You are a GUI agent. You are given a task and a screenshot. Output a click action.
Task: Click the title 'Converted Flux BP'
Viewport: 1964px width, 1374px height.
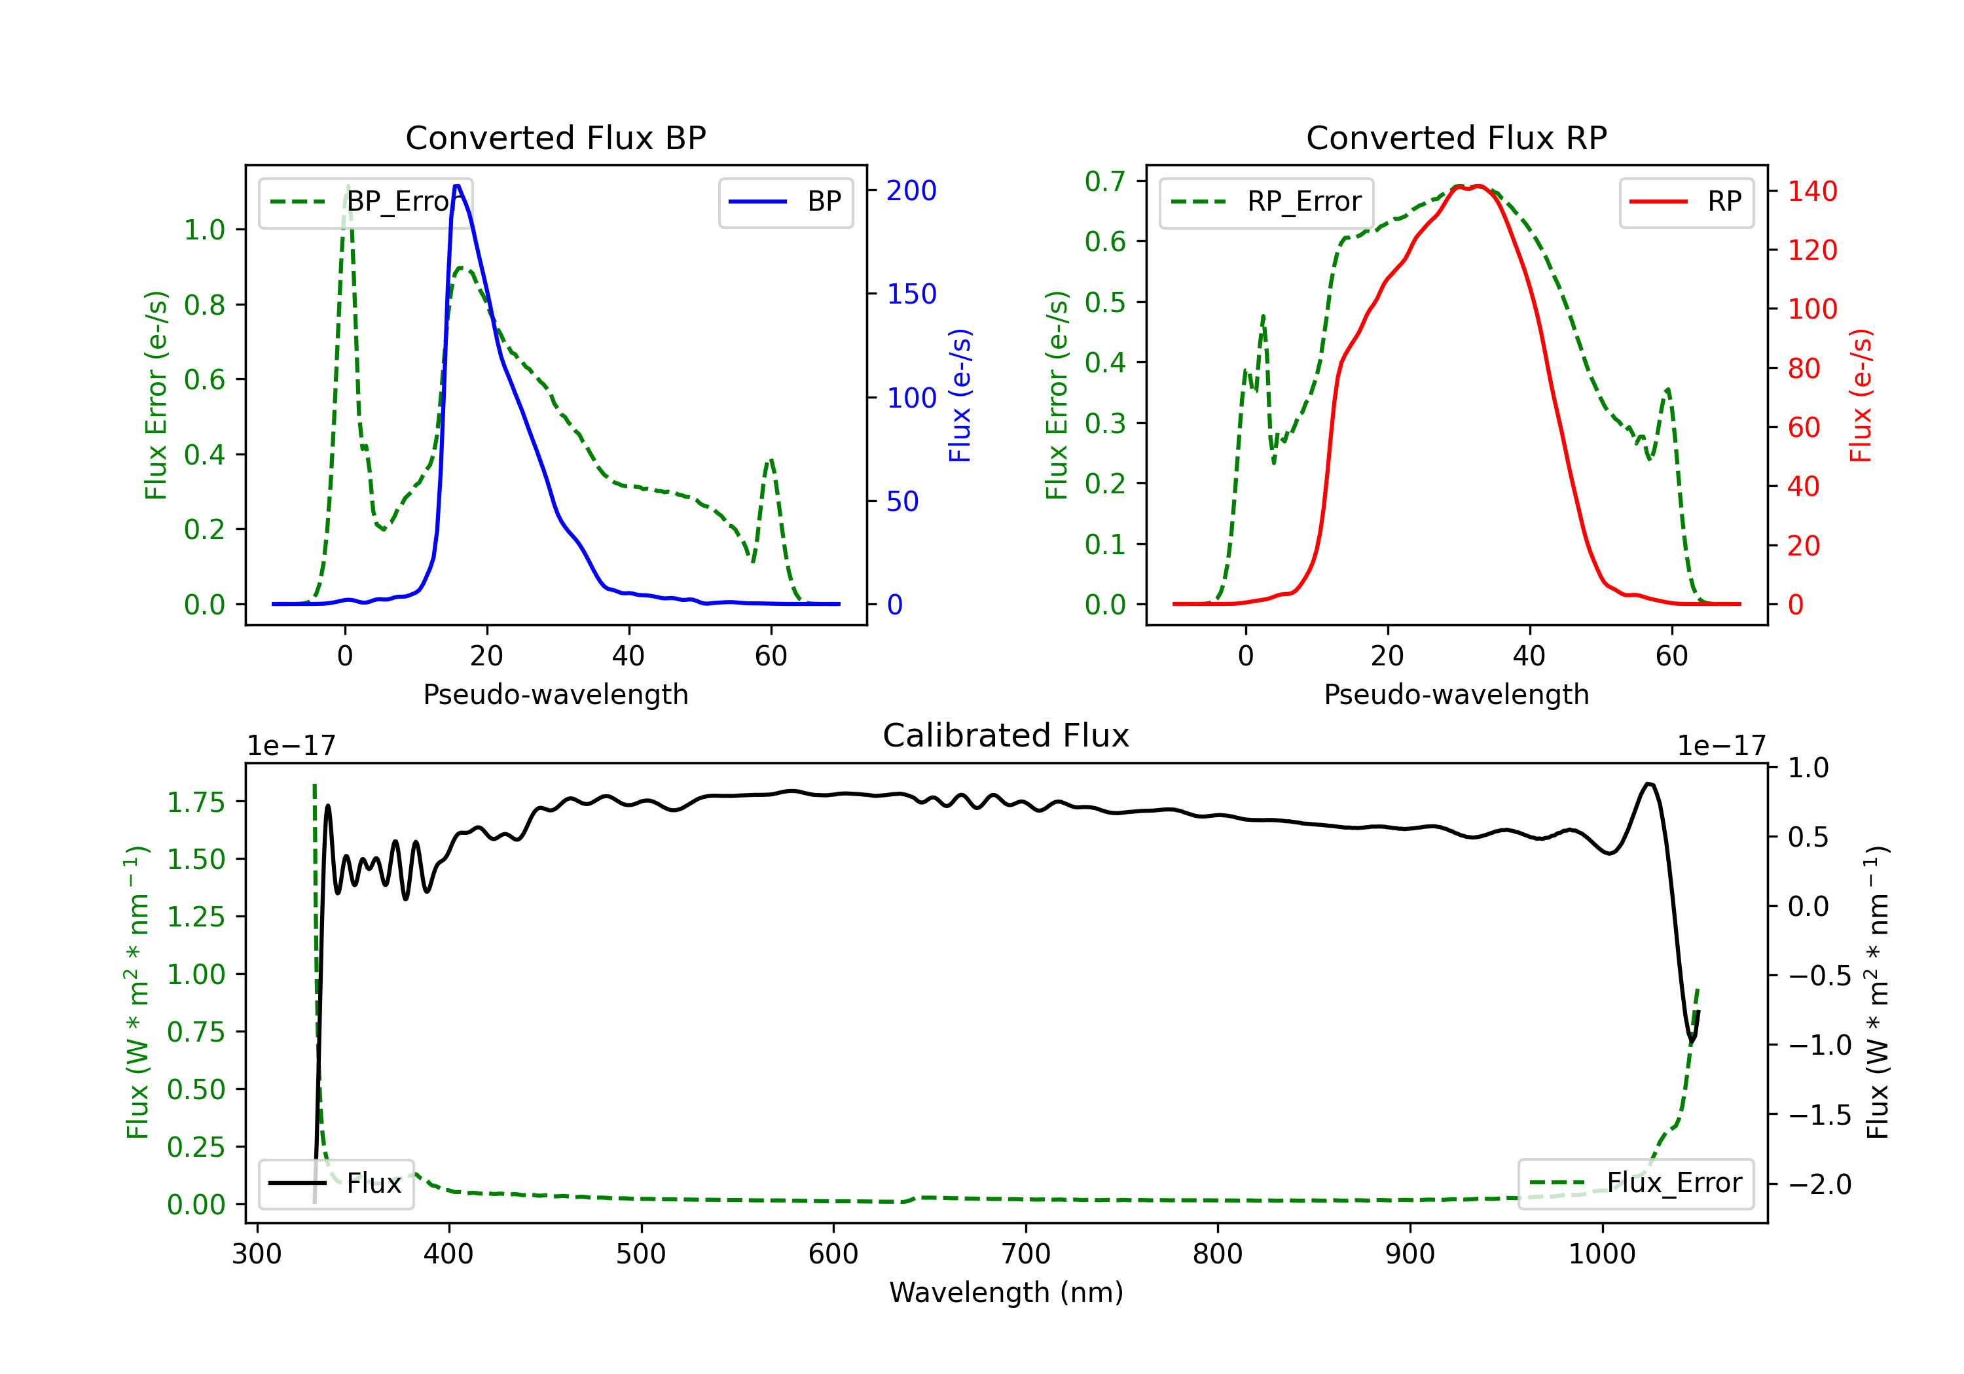coord(555,137)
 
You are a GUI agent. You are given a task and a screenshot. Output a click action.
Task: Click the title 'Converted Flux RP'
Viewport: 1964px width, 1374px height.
coord(1456,137)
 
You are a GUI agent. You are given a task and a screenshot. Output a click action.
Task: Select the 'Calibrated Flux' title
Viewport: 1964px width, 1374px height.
coord(1006,735)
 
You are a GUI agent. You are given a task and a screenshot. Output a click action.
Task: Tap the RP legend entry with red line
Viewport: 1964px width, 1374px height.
coord(1686,202)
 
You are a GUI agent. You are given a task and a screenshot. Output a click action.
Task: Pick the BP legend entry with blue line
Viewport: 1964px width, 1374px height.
coord(785,202)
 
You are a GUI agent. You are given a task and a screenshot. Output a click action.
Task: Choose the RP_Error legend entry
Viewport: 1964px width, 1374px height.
coord(1266,202)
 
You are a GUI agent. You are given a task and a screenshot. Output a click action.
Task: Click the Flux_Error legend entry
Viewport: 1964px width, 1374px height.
coord(1635,1184)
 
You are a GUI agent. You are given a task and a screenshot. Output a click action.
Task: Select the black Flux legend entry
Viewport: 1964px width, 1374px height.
coord(335,1184)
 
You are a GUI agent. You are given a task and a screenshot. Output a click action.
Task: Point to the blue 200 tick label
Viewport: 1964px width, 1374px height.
coord(911,190)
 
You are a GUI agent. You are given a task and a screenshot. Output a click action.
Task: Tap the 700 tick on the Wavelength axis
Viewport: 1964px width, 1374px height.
coord(1026,1254)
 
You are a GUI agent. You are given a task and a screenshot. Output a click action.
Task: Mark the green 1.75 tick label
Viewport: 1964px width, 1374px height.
coord(196,802)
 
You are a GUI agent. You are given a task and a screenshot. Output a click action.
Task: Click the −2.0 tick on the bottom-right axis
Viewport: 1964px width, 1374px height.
coord(1819,1184)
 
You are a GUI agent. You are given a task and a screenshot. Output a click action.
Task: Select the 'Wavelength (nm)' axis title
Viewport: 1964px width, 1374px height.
coord(1006,1293)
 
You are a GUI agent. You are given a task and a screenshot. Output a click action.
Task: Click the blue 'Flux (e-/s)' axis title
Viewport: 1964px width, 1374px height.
coord(960,395)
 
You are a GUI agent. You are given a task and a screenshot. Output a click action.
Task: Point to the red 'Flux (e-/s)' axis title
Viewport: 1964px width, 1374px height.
coord(1861,395)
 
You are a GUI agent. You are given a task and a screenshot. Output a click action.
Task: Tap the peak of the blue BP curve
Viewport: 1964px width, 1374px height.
coord(458,186)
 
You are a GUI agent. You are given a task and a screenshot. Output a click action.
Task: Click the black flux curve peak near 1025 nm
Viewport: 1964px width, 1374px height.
coord(1648,783)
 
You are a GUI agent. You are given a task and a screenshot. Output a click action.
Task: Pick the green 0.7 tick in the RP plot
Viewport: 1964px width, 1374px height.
coord(1104,181)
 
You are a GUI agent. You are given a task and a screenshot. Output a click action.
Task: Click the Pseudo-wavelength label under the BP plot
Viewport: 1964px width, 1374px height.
coord(555,694)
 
